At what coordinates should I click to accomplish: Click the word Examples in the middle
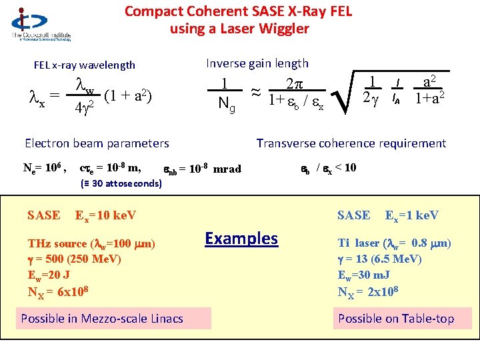tap(241, 238)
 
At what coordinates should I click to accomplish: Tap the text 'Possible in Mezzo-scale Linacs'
tap(102, 318)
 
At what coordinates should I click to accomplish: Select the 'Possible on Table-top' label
tap(396, 318)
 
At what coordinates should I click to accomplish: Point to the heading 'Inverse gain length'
tap(257, 63)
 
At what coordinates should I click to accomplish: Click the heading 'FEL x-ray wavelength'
tap(85, 65)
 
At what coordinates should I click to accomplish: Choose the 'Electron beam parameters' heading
tap(97, 143)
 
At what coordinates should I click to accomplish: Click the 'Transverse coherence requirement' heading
tap(351, 143)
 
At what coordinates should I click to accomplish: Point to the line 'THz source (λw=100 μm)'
tap(91, 244)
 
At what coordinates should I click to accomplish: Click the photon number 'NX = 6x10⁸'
tap(59, 291)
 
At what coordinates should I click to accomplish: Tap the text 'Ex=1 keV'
tap(411, 215)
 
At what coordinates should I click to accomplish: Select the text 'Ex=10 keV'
tap(105, 215)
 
